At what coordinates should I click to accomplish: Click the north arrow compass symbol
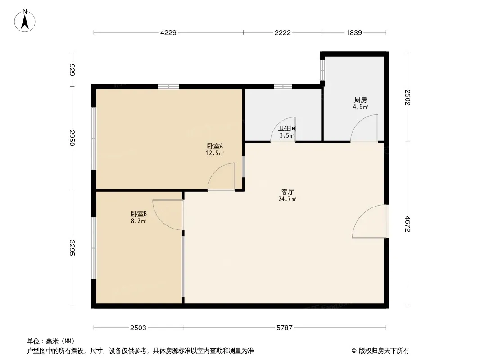tap(25, 21)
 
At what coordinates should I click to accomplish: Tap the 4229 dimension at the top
tap(168, 33)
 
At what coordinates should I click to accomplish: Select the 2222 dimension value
tap(282, 33)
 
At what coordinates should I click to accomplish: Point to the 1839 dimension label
tap(354, 33)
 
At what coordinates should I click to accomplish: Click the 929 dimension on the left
tap(72, 70)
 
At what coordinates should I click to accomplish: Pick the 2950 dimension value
tap(72, 138)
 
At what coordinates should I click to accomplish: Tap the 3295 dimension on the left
tap(72, 247)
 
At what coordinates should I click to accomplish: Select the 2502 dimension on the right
tap(408, 98)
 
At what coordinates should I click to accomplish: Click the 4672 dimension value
tap(408, 224)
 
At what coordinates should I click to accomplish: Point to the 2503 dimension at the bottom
tap(138, 328)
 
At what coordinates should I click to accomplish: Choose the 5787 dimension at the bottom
tap(285, 328)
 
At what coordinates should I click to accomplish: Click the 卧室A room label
tap(215, 146)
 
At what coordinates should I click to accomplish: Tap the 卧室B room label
tap(139, 214)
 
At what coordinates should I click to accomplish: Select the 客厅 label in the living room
tap(287, 192)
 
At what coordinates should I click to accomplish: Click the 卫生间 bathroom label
tap(287, 128)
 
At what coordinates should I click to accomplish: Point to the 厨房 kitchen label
tap(361, 100)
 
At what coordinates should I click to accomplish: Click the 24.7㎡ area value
tap(287, 199)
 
